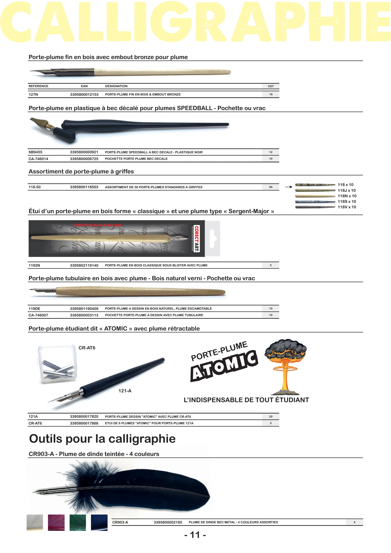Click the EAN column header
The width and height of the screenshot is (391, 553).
point(84,86)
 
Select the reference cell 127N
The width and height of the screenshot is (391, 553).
point(33,95)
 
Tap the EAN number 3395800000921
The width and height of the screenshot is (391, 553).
point(84,152)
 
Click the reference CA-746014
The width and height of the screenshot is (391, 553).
point(38,159)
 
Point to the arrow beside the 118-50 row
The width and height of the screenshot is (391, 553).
point(288,187)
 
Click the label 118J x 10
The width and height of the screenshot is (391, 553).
point(347,191)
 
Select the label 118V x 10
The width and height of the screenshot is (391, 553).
point(347,207)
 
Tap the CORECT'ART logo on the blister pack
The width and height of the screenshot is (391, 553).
point(197,239)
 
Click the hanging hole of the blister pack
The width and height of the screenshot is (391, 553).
point(213,238)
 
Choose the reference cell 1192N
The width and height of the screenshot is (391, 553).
point(34,265)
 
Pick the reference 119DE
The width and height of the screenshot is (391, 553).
point(34,309)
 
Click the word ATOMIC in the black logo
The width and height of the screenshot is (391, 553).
point(224,366)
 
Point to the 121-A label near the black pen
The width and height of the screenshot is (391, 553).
point(125,391)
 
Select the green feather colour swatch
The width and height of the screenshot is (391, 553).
point(78,523)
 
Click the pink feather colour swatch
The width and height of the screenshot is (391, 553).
point(56,523)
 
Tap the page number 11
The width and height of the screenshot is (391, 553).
point(195,535)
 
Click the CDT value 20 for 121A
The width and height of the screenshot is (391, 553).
point(271,417)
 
